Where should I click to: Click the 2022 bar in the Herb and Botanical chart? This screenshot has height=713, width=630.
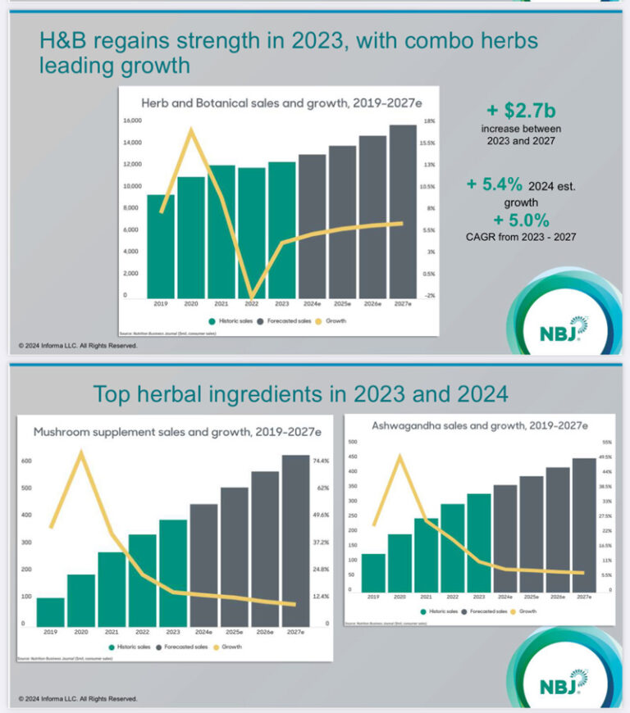click(252, 234)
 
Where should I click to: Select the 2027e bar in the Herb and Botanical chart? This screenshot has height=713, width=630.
click(402, 213)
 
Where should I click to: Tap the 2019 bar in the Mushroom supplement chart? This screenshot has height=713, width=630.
click(51, 611)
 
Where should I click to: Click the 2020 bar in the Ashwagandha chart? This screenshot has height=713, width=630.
click(400, 562)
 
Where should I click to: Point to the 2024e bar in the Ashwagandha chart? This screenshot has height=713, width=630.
click(505, 538)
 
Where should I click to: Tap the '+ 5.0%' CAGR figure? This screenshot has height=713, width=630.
click(521, 220)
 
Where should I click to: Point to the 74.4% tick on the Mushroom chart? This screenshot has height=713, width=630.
click(321, 461)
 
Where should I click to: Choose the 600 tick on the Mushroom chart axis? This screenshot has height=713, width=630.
click(27, 461)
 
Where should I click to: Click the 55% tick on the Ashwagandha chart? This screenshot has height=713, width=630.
click(607, 442)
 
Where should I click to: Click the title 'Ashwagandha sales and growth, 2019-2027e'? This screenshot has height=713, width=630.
click(479, 426)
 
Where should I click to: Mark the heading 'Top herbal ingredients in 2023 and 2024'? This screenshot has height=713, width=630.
click(300, 394)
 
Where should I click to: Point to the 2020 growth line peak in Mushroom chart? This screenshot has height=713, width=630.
click(81, 452)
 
